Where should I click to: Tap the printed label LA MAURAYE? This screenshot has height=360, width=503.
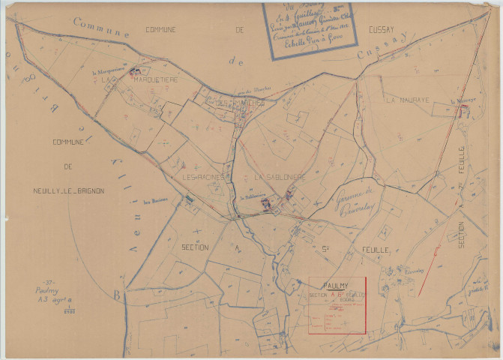(406, 99)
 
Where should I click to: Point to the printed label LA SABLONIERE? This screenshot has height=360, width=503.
(278, 177)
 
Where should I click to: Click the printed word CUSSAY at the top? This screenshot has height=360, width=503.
(388, 30)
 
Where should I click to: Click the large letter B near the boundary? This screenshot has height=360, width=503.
(116, 295)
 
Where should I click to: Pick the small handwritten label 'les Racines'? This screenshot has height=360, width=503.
(154, 201)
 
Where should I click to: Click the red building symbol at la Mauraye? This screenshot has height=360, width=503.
(463, 110)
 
